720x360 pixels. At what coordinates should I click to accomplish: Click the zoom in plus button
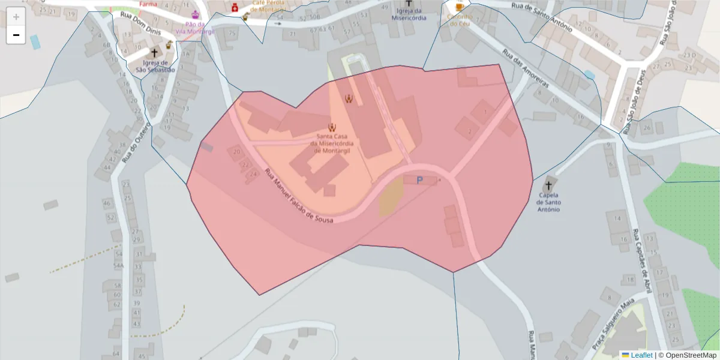point(16,17)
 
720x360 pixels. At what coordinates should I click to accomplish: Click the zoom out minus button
point(16,35)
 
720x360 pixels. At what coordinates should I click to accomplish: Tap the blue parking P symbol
point(419,180)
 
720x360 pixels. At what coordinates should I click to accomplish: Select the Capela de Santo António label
point(549,202)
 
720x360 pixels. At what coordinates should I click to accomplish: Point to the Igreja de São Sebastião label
point(155,66)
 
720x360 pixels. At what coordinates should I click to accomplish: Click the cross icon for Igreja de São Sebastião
point(154,53)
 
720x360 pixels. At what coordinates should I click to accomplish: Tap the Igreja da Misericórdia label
point(408,14)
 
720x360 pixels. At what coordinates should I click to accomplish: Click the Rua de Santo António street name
point(542,16)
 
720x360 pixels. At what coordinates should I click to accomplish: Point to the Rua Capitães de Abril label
point(641,261)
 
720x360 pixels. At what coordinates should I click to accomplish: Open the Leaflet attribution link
point(641,355)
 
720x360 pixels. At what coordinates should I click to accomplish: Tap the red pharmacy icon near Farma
point(235,7)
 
